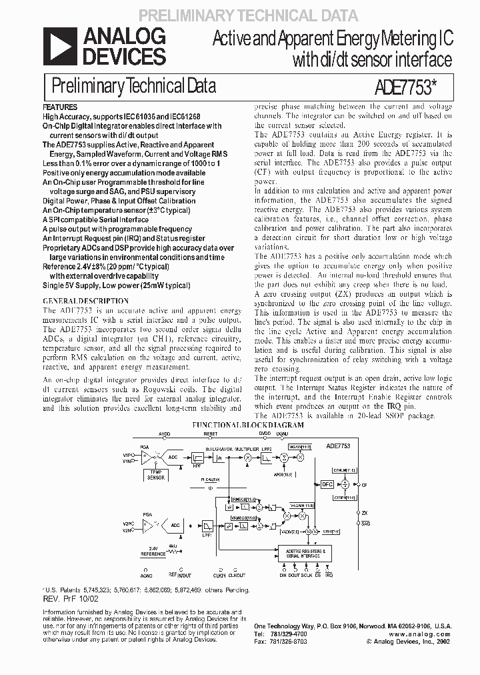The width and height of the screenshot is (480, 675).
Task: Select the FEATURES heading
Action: pos(60,107)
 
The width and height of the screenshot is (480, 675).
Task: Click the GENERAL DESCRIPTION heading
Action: pos(73,301)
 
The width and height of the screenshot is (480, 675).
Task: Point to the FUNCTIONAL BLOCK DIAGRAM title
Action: pos(247,425)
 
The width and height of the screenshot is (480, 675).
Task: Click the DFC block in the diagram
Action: pos(327,485)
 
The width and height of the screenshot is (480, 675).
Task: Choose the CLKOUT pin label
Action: pos(237,574)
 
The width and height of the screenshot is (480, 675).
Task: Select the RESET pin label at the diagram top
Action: pos(211,434)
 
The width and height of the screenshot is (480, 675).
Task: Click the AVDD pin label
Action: pos(165,434)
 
